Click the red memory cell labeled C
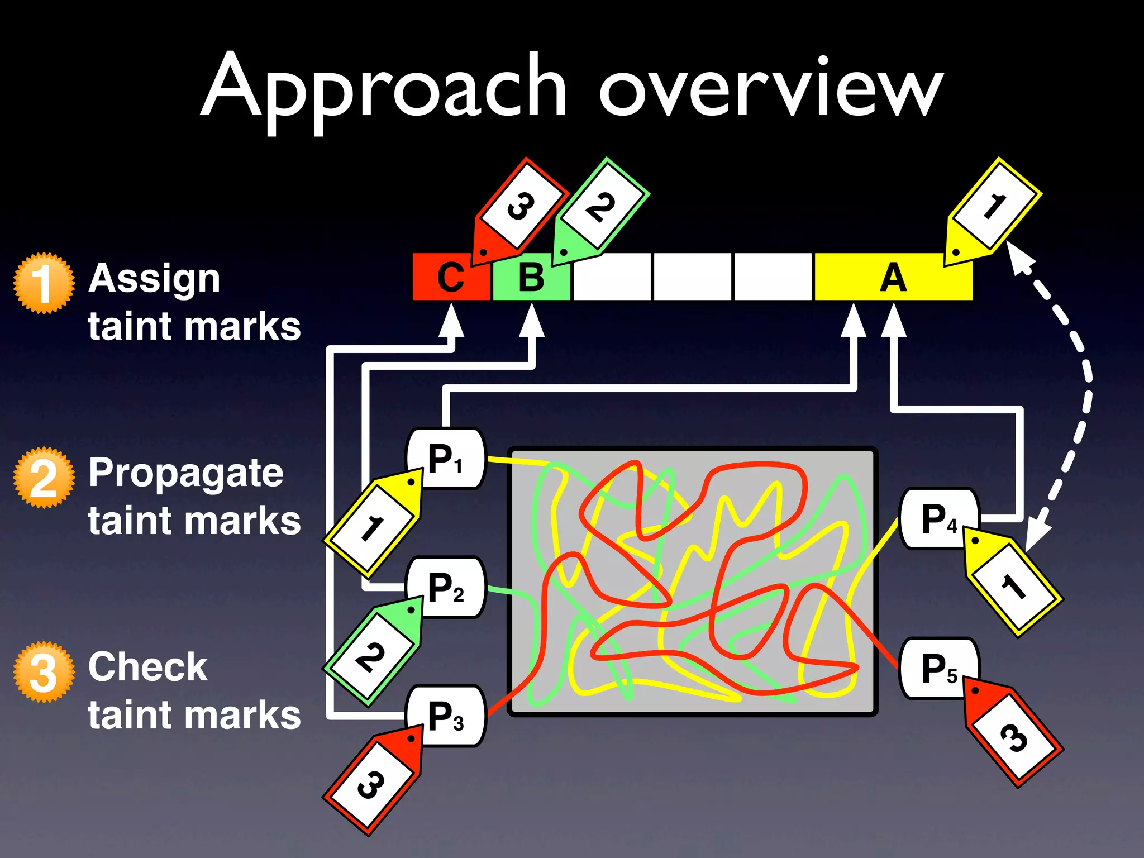tap(450, 277)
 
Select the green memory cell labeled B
tap(531, 277)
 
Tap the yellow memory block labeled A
tap(893, 277)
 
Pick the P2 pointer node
tap(446, 588)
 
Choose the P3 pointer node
tap(446, 716)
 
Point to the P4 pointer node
tap(938, 519)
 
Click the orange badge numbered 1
tap(44, 283)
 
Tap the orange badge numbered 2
tap(44, 478)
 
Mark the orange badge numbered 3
tap(44, 672)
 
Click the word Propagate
tap(186, 474)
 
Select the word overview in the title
tap(771, 89)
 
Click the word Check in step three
tap(148, 667)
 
